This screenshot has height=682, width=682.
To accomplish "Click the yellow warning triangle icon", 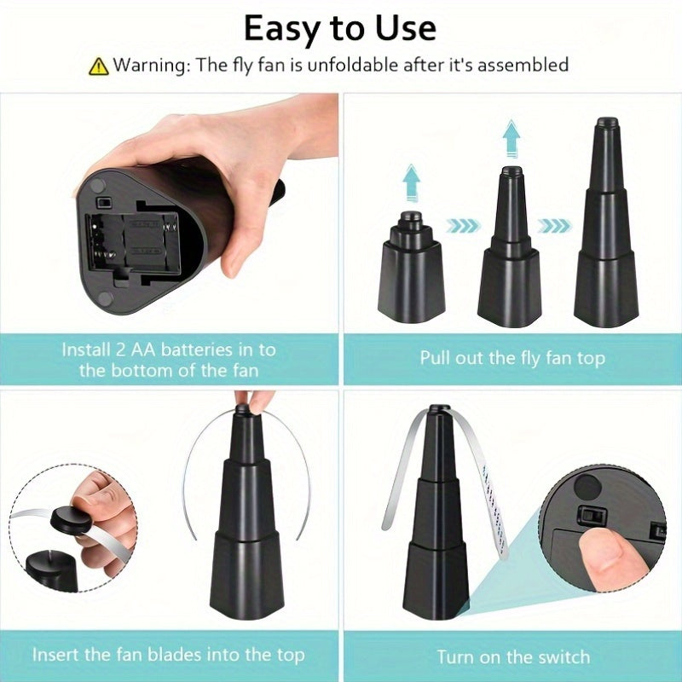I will click(x=99, y=65).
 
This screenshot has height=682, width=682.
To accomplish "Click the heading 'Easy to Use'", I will click(x=339, y=27).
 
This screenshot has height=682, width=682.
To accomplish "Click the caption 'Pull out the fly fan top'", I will click(x=512, y=357).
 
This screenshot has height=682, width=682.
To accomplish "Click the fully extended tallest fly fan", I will click(x=605, y=230).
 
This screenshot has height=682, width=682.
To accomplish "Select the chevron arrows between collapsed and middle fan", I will click(x=461, y=227).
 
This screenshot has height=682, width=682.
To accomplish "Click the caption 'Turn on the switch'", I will click(x=512, y=656).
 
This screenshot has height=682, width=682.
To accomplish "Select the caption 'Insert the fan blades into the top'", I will click(x=168, y=655).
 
